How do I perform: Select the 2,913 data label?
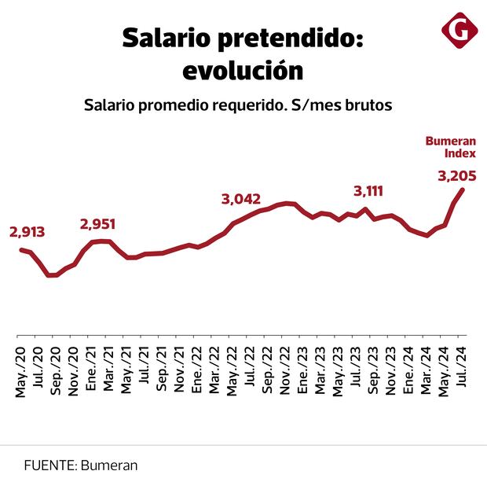(27, 232)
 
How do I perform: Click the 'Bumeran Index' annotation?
(451, 147)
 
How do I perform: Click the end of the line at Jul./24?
(463, 189)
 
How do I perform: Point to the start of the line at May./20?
(21, 249)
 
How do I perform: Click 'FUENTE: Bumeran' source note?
(81, 465)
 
